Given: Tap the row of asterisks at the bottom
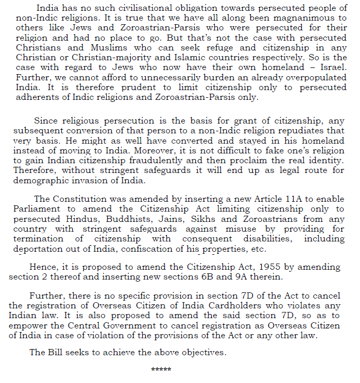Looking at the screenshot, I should point(161,370).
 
